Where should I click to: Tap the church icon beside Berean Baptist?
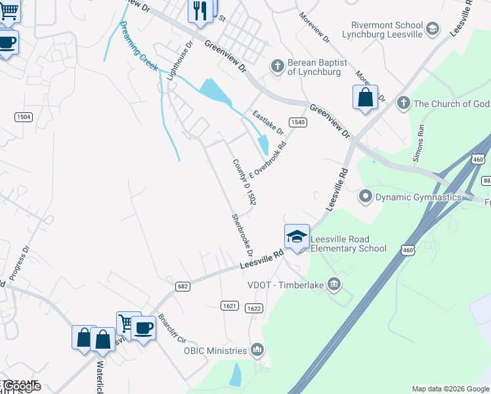(277, 66)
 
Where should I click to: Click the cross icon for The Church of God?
(403, 103)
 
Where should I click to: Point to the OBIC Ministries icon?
(257, 350)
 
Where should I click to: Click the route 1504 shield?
(23, 116)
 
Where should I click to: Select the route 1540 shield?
(298, 122)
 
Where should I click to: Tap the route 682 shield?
(183, 286)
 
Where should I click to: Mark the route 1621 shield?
(229, 305)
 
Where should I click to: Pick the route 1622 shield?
(253, 308)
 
